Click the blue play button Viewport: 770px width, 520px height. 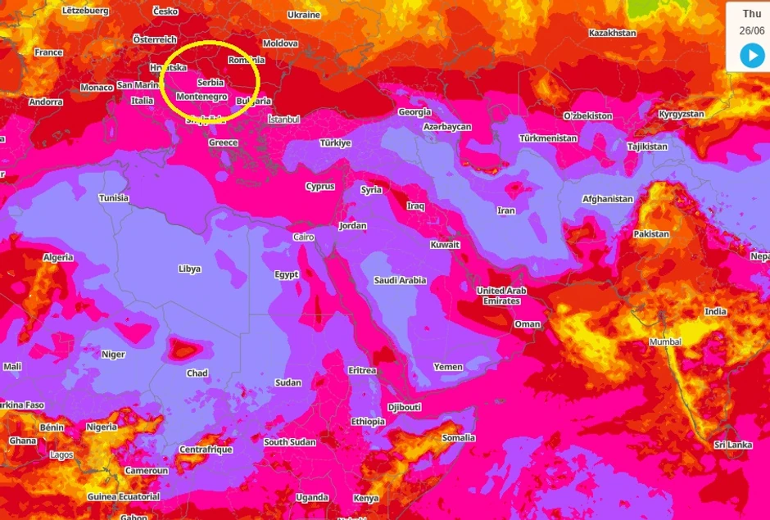pyautogui.click(x=752, y=56)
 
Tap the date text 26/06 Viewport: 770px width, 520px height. pyautogui.click(x=752, y=30)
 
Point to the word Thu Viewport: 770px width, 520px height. pyautogui.click(x=752, y=14)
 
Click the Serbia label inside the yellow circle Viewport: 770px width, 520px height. pyautogui.click(x=211, y=83)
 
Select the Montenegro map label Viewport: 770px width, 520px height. pyautogui.click(x=202, y=97)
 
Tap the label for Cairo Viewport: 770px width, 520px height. pyautogui.click(x=303, y=237)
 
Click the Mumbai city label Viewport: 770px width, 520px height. pyautogui.click(x=665, y=341)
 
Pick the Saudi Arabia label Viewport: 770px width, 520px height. pyautogui.click(x=400, y=280)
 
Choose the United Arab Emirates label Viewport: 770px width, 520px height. pyautogui.click(x=501, y=296)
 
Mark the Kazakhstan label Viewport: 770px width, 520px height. pyautogui.click(x=612, y=34)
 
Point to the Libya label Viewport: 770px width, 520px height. pyautogui.click(x=189, y=269)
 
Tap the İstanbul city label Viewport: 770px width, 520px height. pyautogui.click(x=284, y=120)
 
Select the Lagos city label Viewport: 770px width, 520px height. pyautogui.click(x=61, y=455)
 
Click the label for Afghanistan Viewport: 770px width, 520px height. pyautogui.click(x=607, y=199)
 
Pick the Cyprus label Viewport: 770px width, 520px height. pyautogui.click(x=319, y=187)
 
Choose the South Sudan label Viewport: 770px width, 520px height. pyautogui.click(x=289, y=442)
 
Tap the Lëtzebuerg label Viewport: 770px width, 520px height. pyautogui.click(x=85, y=11)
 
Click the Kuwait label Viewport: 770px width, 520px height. pyautogui.click(x=445, y=245)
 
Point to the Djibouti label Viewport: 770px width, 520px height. pyautogui.click(x=404, y=407)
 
